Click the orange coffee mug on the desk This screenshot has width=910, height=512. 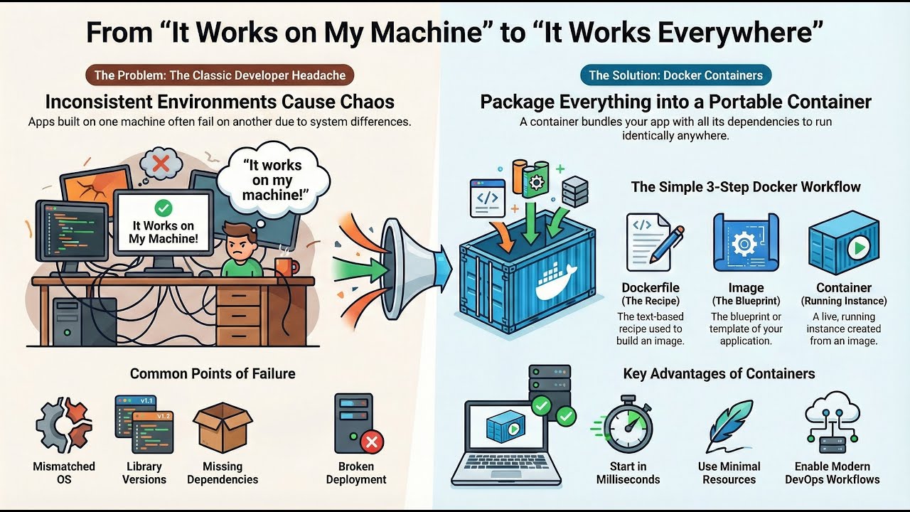(x=287, y=267)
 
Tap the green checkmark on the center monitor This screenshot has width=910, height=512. (x=164, y=208)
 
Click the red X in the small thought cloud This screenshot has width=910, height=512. (x=161, y=164)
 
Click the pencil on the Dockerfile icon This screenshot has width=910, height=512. (x=666, y=245)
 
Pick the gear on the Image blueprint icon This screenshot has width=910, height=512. (x=744, y=244)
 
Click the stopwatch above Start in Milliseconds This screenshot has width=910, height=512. (x=628, y=425)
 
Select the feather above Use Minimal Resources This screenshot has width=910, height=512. (x=729, y=425)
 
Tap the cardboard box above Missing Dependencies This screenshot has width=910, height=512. (x=223, y=427)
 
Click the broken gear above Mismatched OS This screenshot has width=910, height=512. (x=64, y=425)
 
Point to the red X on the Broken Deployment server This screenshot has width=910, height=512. (x=372, y=442)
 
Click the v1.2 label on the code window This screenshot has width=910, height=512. (x=163, y=417)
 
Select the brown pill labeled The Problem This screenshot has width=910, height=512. (x=220, y=75)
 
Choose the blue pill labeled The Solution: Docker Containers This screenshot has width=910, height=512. (x=675, y=75)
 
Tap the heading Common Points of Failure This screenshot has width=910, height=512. (x=213, y=373)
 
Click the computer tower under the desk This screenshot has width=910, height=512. (x=85, y=321)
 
